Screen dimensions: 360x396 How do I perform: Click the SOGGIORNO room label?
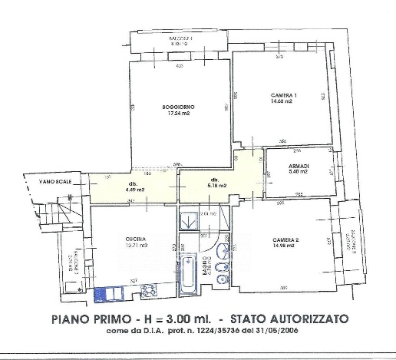177,106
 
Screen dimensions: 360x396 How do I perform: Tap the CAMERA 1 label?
283,94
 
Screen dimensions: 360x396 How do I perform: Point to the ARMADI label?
300,166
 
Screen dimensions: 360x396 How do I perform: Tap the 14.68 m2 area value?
283,101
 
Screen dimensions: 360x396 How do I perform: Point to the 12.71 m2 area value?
136,246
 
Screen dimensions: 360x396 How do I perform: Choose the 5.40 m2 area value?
300,172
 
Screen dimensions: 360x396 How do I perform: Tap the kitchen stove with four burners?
149,292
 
